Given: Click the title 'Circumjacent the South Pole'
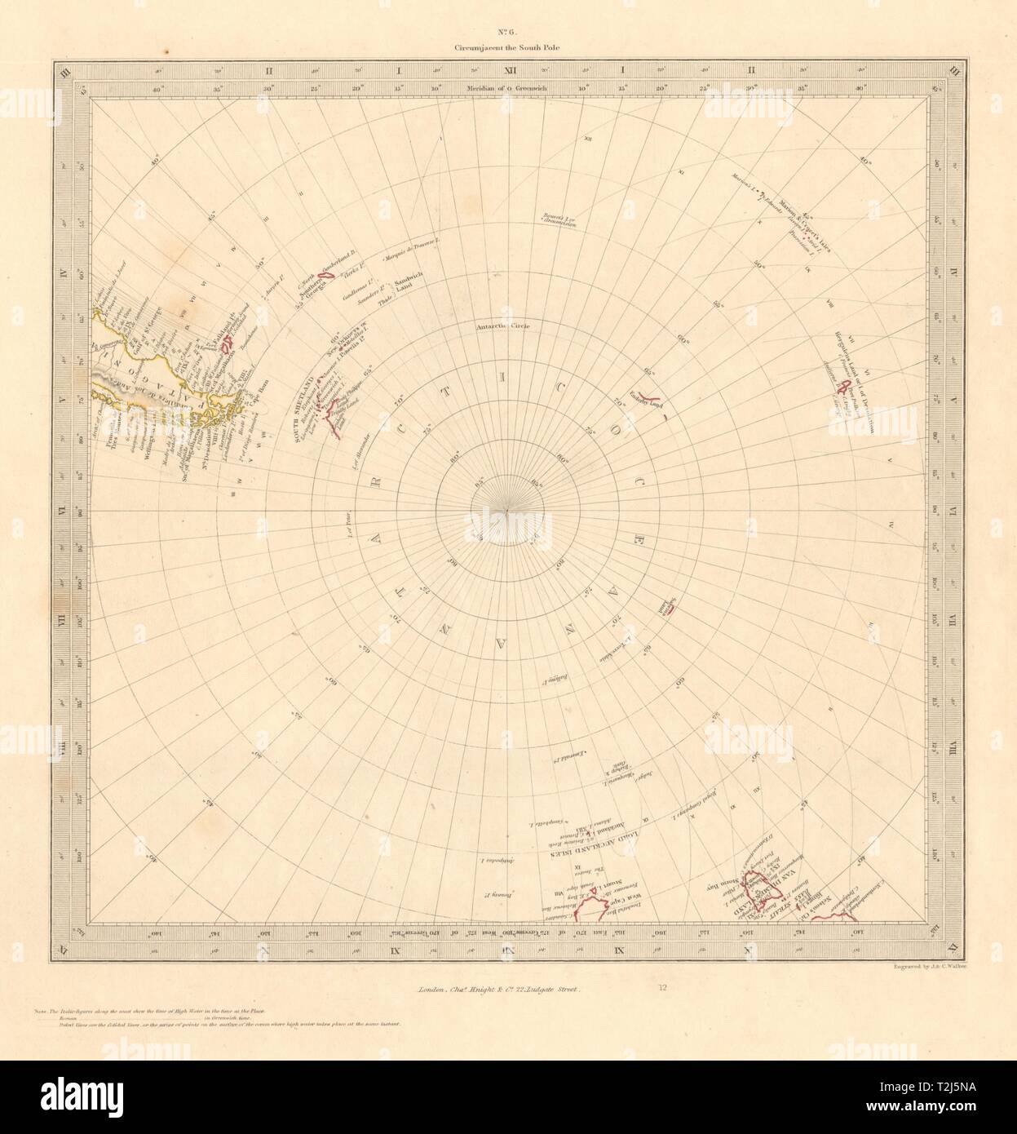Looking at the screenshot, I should pos(508,48).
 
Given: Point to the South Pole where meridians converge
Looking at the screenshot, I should pos(507,512).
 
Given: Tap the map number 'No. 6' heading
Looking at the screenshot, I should pos(508,33).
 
